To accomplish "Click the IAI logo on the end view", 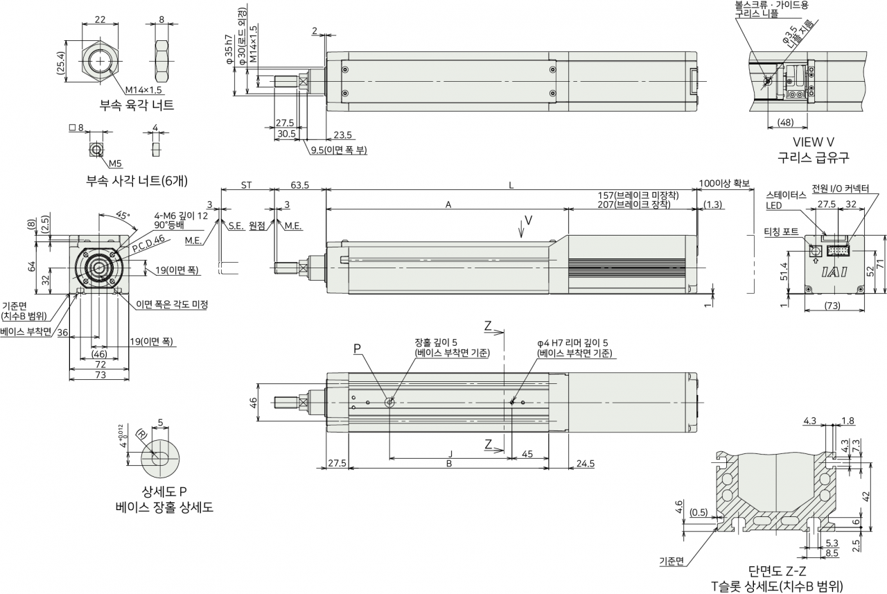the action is click(834, 272).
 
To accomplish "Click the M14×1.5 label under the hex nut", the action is click(143, 90).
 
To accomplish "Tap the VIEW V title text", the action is click(814, 142).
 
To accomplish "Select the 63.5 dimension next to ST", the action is click(300, 185).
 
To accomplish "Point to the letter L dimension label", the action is click(511, 185).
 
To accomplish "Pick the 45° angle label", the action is click(123, 215).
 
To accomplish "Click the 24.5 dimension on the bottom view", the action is click(586, 463).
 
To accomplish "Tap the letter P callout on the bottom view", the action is click(357, 349).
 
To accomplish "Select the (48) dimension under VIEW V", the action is click(786, 123).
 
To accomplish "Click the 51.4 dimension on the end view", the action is click(784, 271).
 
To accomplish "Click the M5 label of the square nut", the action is click(115, 164).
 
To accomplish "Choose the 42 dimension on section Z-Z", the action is click(866, 496).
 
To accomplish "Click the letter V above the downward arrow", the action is click(528, 220).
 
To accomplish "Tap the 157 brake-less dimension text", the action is click(638, 195).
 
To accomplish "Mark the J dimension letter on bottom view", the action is click(450, 454).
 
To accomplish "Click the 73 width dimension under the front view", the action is click(100, 374).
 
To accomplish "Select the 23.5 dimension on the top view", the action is click(342, 135).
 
